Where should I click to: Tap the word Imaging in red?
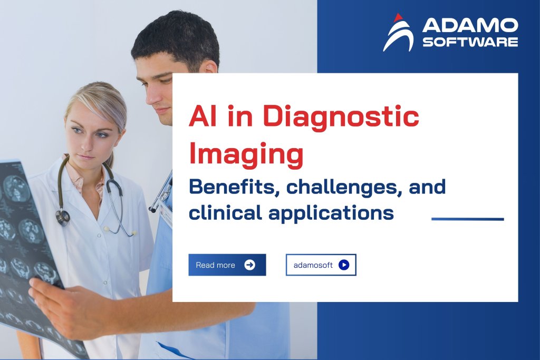(x=246, y=156)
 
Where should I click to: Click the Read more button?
(x=227, y=265)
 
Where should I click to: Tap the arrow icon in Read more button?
(x=250, y=265)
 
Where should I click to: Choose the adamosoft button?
(x=321, y=265)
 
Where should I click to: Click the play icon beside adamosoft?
(x=344, y=265)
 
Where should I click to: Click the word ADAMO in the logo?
(x=470, y=25)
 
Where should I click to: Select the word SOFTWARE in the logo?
(x=470, y=42)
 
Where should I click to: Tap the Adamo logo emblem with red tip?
(x=398, y=33)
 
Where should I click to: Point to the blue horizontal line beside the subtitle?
(x=467, y=219)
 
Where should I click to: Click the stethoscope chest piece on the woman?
(x=63, y=216)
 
